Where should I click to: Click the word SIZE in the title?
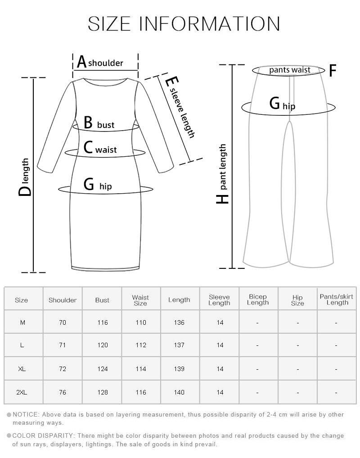point(109,24)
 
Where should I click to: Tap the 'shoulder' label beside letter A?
point(106,63)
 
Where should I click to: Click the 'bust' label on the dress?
point(106,125)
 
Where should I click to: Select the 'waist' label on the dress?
point(106,150)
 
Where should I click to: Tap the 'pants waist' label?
point(290,70)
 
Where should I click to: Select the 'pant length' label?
point(223,167)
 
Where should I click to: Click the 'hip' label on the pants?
point(289,106)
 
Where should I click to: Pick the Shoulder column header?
point(63,300)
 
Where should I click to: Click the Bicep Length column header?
point(258,299)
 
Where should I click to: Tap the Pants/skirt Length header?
point(337,299)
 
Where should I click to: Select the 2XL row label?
point(22,392)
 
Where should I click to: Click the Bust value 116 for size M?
point(103,322)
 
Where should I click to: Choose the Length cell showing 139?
point(179,369)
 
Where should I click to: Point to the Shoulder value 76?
point(63,392)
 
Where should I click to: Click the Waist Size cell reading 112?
point(141,345)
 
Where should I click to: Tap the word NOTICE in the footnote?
point(26,414)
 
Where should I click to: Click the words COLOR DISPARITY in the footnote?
point(43,436)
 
